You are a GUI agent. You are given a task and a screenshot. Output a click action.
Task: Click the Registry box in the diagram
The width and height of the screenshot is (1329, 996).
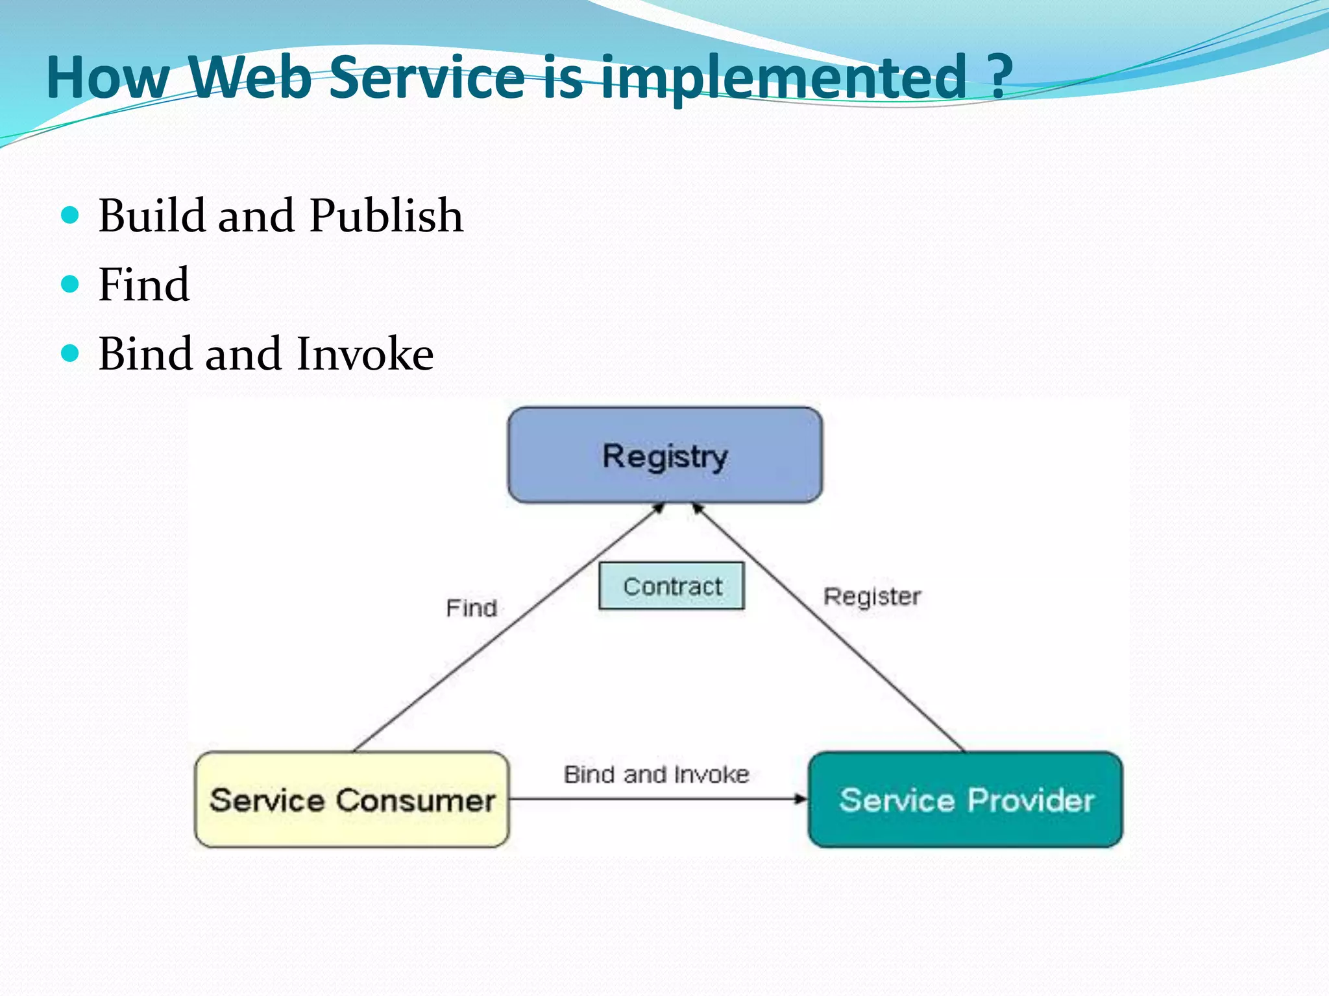pyautogui.click(x=664, y=455)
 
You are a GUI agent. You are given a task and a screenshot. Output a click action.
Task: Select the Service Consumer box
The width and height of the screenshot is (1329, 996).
pyautogui.click(x=352, y=800)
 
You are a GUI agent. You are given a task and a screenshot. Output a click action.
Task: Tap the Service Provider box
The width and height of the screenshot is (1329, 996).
pyautogui.click(x=966, y=800)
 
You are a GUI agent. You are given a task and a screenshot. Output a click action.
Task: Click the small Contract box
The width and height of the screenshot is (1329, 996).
pyautogui.click(x=672, y=586)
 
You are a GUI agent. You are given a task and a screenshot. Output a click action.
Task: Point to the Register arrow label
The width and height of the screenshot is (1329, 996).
pyautogui.click(x=872, y=597)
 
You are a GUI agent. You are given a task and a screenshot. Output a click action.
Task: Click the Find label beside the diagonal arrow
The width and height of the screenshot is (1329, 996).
pyautogui.click(x=472, y=608)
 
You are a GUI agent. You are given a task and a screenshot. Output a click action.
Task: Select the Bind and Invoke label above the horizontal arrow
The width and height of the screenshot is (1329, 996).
pyautogui.click(x=656, y=774)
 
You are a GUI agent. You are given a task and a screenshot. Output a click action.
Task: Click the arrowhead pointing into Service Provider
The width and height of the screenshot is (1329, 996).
pyautogui.click(x=801, y=799)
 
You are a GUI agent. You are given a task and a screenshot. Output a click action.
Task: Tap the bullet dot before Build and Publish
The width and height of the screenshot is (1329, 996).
pyautogui.click(x=70, y=215)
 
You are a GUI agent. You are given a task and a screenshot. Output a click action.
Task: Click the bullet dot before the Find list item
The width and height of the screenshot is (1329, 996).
pyautogui.click(x=70, y=284)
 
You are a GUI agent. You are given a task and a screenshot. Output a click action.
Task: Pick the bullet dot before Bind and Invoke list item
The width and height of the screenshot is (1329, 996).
pyautogui.click(x=70, y=353)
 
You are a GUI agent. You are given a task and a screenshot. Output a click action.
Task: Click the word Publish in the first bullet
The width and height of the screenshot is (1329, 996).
pyautogui.click(x=386, y=215)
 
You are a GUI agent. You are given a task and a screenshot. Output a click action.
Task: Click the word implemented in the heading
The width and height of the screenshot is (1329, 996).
pyautogui.click(x=784, y=79)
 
